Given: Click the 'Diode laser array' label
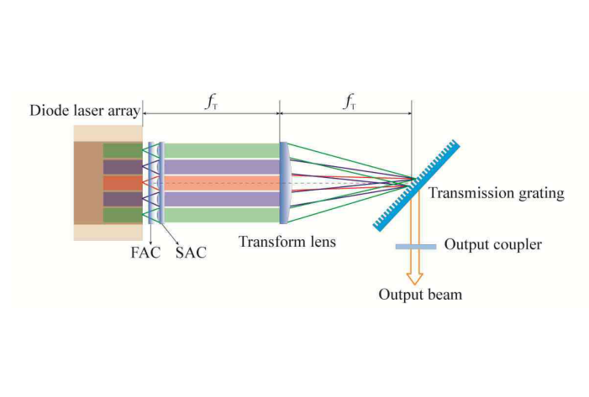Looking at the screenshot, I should (84, 112).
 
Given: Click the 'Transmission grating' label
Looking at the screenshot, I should (496, 194).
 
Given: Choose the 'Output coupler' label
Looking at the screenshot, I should (493, 245).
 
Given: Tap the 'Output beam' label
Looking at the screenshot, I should (419, 295).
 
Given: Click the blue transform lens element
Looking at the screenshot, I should (284, 182).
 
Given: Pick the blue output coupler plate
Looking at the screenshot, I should (415, 246).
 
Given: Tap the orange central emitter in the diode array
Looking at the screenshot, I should (118, 182).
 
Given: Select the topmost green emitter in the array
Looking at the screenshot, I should (118, 150).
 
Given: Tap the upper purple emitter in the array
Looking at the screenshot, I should (118, 166).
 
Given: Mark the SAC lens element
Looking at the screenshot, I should (160, 182).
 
